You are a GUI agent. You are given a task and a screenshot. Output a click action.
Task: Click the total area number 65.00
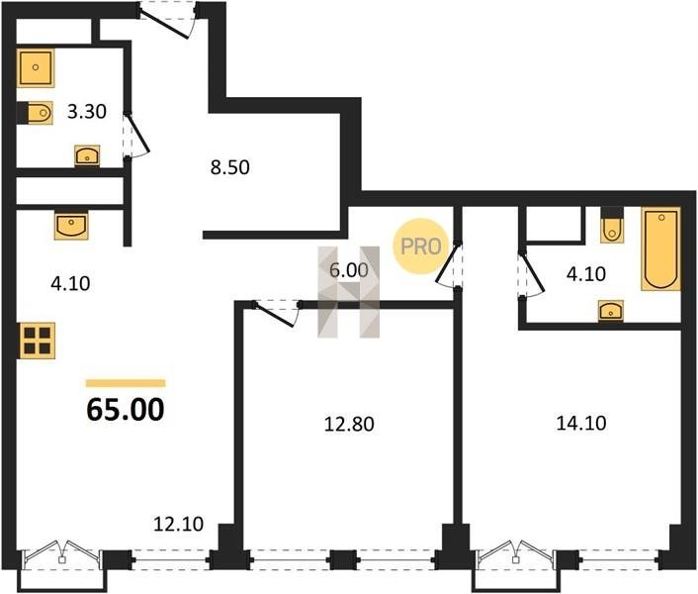[x=126, y=410]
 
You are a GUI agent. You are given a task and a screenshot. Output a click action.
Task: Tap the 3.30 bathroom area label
[x=87, y=112]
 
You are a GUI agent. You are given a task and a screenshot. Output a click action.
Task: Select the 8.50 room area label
[x=229, y=167]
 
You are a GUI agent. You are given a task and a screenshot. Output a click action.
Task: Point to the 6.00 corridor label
[x=349, y=270]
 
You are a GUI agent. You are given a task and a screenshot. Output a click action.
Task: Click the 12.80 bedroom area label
[x=349, y=424]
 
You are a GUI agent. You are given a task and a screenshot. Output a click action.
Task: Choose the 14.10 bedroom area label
[x=581, y=423]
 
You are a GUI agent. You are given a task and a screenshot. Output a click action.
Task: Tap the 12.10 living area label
[x=179, y=524]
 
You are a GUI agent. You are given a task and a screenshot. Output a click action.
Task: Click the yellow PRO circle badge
[x=419, y=247]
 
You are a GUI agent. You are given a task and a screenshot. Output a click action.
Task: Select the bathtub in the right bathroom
[x=661, y=249]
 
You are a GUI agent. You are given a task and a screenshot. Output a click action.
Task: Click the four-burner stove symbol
[x=37, y=341]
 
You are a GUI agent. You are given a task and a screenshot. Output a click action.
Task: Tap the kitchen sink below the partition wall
[x=71, y=226]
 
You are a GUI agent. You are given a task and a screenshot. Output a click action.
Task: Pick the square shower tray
[x=36, y=67]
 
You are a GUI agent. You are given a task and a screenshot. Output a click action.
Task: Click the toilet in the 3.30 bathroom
[x=36, y=113]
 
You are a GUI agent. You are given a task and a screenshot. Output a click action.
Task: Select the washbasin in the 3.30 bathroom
[x=87, y=155]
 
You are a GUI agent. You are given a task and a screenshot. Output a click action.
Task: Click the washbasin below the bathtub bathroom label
[x=611, y=311]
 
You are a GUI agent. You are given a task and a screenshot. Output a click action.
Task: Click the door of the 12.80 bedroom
[x=276, y=313]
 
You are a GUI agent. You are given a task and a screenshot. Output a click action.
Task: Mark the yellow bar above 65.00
[x=126, y=383]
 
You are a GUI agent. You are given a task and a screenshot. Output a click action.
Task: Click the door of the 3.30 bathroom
[x=135, y=134]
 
